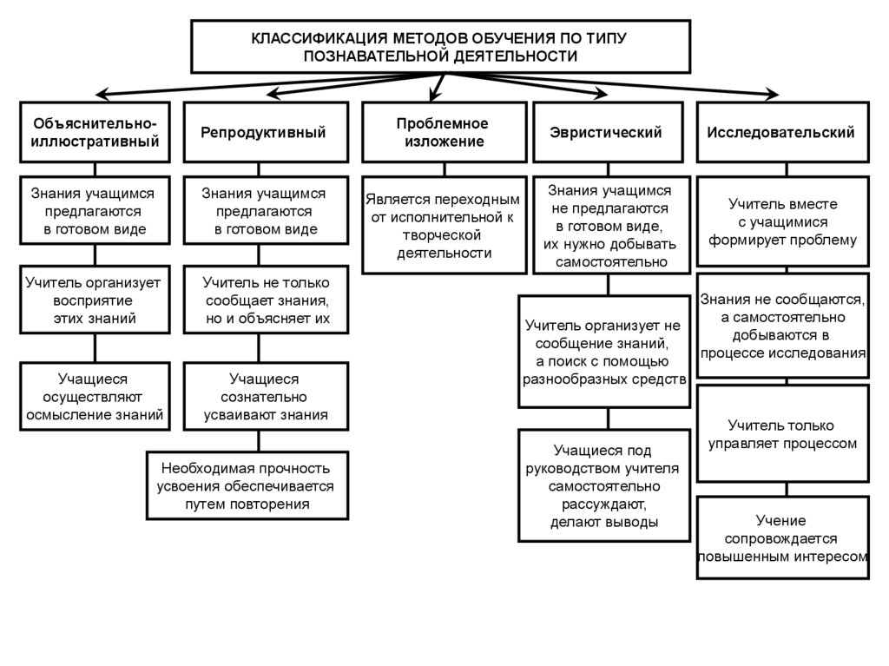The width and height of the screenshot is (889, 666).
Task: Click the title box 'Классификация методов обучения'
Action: click(x=441, y=47)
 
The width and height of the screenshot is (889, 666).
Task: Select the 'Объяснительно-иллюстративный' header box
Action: click(x=95, y=133)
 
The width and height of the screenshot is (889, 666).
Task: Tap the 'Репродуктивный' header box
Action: click(x=264, y=133)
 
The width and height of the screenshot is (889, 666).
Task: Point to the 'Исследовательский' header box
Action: click(x=781, y=133)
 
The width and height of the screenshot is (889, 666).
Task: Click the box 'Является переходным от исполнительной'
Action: click(x=444, y=226)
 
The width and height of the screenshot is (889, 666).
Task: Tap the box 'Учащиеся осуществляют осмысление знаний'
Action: click(x=95, y=397)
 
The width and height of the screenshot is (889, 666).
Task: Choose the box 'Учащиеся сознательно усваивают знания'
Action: click(x=264, y=397)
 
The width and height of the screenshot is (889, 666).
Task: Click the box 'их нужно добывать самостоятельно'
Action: click(x=608, y=225)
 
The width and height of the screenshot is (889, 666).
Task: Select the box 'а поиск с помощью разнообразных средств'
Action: click(x=605, y=352)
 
